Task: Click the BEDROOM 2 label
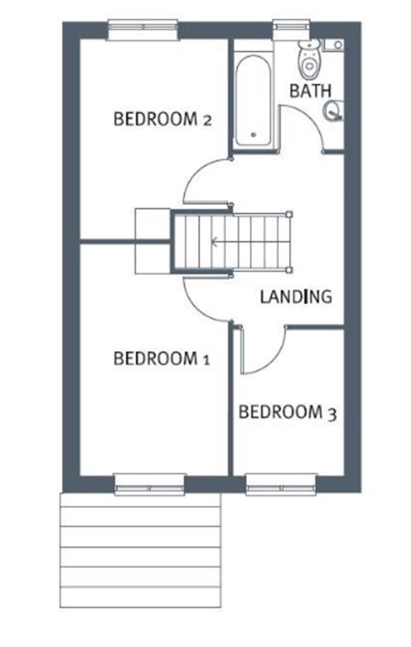[162, 119]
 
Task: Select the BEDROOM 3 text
[287, 412]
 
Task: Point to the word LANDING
[296, 296]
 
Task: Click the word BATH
[310, 91]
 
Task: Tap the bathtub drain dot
[253, 135]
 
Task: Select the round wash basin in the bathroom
[332, 111]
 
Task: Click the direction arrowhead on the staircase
[214, 243]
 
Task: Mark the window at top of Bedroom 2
[143, 29]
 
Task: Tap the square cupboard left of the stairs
[152, 240]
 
